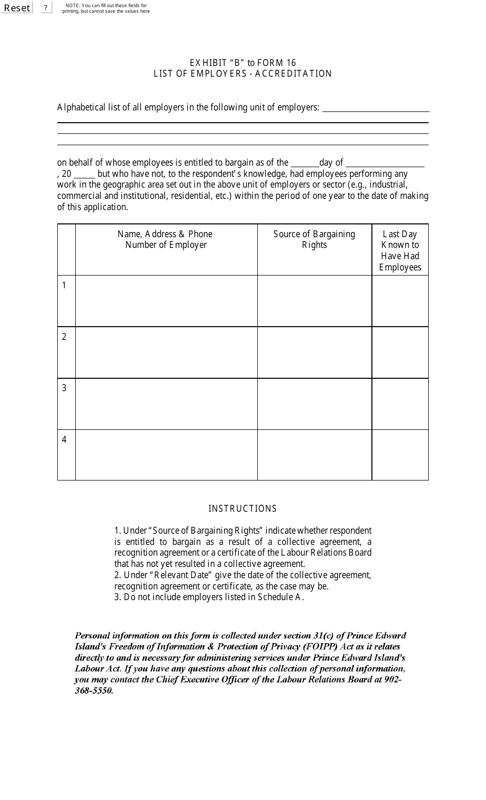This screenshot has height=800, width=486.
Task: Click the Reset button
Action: (x=17, y=8)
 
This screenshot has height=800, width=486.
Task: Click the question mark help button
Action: (x=46, y=8)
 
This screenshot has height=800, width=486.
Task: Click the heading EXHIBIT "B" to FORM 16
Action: (x=242, y=62)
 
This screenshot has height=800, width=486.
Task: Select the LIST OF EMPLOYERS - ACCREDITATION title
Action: (x=242, y=74)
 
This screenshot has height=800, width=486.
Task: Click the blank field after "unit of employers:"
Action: (x=375, y=107)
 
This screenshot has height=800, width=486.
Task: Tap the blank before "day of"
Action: (x=304, y=163)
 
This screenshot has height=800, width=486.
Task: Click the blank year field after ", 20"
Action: (x=84, y=174)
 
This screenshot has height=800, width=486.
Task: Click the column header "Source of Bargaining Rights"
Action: (x=314, y=239)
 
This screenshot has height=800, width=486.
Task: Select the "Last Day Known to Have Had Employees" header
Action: (x=400, y=250)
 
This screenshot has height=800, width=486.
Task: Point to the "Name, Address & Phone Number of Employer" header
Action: (x=166, y=239)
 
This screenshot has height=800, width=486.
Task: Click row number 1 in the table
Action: (x=64, y=285)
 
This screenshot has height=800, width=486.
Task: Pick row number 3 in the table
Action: (x=64, y=388)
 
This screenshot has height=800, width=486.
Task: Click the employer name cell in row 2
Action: (x=166, y=353)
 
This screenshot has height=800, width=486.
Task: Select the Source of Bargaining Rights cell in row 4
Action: (x=314, y=455)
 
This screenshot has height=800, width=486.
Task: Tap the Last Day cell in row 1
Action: (x=400, y=301)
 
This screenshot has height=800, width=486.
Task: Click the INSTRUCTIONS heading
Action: (x=242, y=509)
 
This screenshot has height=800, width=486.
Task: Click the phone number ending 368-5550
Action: (x=94, y=691)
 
